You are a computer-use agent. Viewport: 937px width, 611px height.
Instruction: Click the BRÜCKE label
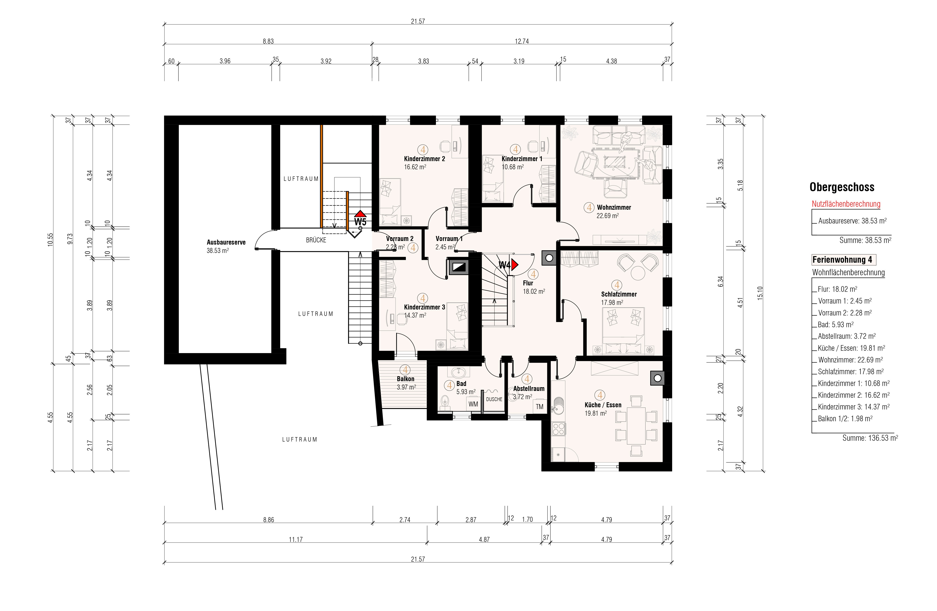(x=316, y=240)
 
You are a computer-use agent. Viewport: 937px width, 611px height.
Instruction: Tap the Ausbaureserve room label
(x=226, y=242)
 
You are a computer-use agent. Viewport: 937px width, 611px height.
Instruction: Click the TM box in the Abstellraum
(x=539, y=407)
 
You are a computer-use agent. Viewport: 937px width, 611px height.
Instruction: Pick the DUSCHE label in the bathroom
(x=494, y=399)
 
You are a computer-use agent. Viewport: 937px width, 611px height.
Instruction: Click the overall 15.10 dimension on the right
(x=760, y=293)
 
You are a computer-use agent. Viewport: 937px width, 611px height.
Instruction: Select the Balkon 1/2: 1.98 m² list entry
(x=845, y=418)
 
